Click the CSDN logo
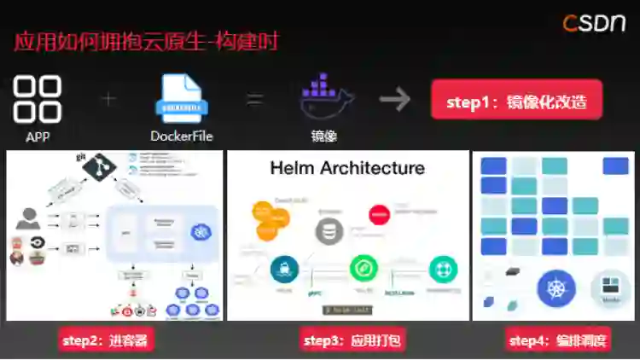[594, 23]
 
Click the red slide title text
[146, 41]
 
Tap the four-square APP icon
[38, 99]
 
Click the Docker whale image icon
[325, 98]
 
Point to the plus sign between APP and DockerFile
[108, 99]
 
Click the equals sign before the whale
[254, 99]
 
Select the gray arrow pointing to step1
[395, 100]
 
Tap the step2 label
[105, 341]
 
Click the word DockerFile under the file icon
[181, 136]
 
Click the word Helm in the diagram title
[293, 167]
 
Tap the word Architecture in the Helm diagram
[372, 167]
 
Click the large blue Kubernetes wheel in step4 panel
[556, 288]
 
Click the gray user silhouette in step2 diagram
[28, 218]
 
